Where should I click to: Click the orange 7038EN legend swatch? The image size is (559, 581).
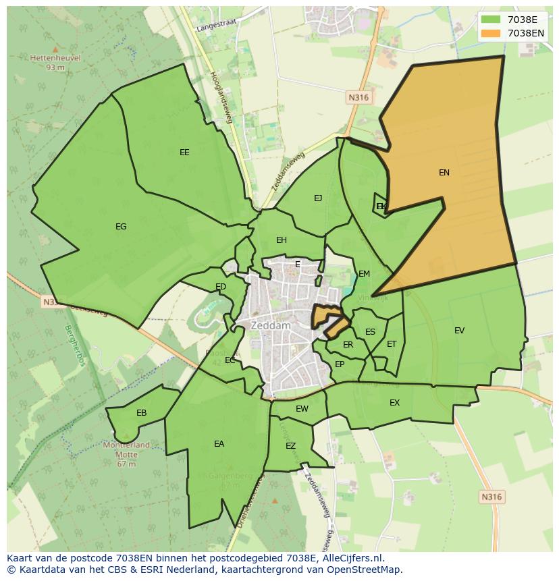tap(491, 33)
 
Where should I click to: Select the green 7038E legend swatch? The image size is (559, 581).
tap(491, 20)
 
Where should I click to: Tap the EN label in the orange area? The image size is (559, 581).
tap(444, 173)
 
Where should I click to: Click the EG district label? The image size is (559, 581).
tap(121, 227)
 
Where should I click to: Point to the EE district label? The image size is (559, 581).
tap(184, 153)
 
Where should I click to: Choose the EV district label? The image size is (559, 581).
tap(459, 331)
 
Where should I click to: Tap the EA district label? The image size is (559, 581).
tap(219, 444)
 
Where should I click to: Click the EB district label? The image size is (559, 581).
tap(141, 413)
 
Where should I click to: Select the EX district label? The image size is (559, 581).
tap(394, 403)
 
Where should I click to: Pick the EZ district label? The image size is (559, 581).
tap(290, 446)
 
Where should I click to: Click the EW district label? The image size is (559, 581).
tap(302, 409)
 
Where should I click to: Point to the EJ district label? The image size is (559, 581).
tap(318, 198)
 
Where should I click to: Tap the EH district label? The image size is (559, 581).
tap(282, 240)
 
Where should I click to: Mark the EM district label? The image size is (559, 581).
tap(364, 274)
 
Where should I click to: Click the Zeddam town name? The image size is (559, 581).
tap(270, 325)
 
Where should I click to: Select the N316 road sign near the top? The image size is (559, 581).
tap(358, 97)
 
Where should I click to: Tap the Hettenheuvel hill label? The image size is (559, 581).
tap(55, 58)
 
